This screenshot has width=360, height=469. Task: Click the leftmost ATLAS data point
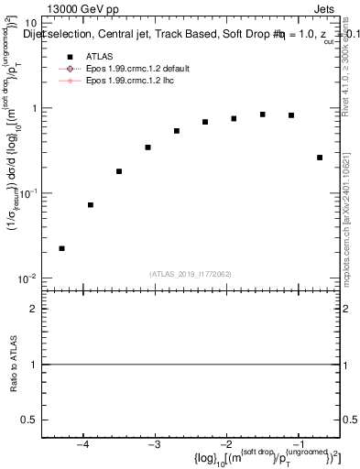coord(61,248)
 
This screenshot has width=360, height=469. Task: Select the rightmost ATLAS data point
coord(320,158)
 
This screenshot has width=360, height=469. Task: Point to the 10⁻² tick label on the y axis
coord(27,278)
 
